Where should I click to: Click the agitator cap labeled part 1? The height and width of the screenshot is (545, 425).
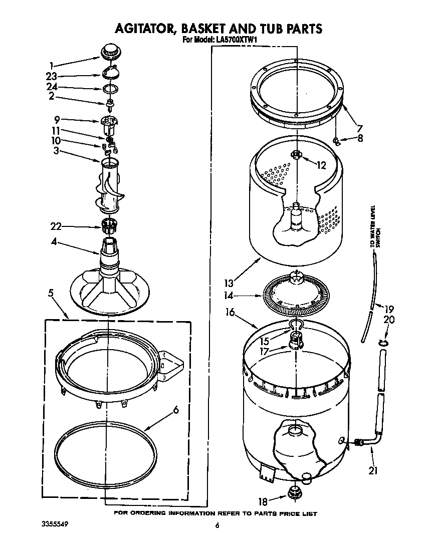click(110, 51)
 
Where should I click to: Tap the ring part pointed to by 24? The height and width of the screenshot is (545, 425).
click(110, 89)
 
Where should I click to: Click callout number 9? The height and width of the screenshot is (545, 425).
click(57, 120)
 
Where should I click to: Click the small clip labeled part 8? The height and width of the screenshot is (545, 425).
click(338, 142)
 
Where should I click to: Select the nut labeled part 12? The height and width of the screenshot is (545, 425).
click(297, 155)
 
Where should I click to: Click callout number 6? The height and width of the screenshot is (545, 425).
click(175, 410)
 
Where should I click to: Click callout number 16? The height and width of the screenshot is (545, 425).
click(230, 313)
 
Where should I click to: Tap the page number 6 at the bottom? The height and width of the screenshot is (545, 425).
click(217, 525)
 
